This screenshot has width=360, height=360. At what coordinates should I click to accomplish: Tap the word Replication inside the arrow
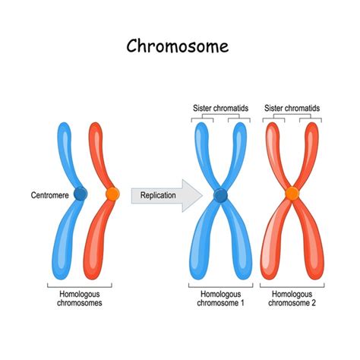(x=158, y=196)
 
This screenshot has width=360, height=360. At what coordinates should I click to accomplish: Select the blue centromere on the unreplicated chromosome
(x=81, y=194)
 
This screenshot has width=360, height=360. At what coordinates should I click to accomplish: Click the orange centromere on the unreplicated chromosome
(x=112, y=194)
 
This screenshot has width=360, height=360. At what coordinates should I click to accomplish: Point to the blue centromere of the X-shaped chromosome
(x=221, y=196)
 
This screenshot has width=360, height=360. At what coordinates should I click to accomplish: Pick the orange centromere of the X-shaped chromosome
(x=292, y=195)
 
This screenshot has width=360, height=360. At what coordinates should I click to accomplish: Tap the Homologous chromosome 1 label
(x=221, y=298)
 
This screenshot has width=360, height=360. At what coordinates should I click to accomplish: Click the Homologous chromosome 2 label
(x=293, y=298)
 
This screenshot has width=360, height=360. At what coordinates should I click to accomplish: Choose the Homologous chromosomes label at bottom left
(x=79, y=298)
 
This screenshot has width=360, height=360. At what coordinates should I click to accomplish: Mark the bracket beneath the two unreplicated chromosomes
(x=79, y=286)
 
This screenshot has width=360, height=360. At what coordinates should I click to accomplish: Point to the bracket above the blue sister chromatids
(x=221, y=116)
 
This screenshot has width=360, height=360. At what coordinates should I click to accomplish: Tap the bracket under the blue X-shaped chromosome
(x=221, y=286)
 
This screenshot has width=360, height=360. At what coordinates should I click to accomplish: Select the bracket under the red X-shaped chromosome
(x=293, y=286)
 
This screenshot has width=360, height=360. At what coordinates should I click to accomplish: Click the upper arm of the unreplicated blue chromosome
(x=65, y=152)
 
